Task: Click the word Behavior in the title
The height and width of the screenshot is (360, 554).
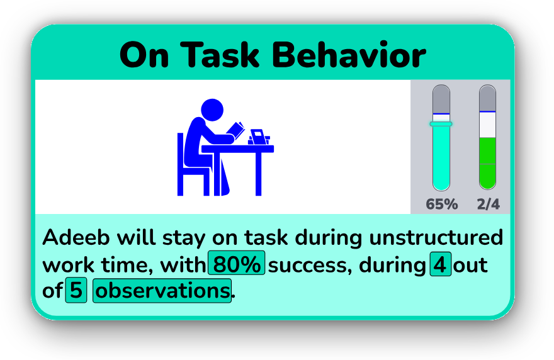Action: point(349,55)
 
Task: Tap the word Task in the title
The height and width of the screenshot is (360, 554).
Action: point(220,55)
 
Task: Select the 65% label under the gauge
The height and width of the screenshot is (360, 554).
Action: point(442,204)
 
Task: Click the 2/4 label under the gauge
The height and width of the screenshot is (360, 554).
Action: point(489,204)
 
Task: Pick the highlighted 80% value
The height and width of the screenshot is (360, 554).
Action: point(236,263)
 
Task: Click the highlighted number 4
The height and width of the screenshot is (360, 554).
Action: point(440,264)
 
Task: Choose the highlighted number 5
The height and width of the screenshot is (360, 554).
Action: point(76,290)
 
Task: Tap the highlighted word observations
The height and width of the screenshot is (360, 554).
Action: point(162,290)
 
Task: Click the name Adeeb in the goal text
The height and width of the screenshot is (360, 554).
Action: point(76,237)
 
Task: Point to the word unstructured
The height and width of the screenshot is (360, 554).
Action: point(436,237)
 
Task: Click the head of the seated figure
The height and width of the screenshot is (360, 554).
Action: point(212,110)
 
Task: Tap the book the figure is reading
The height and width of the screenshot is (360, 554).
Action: point(235,130)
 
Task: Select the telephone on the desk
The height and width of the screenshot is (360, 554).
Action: point(259,137)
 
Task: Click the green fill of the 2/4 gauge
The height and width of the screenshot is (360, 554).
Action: point(487,162)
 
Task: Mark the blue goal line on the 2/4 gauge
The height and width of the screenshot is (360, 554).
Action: point(487,111)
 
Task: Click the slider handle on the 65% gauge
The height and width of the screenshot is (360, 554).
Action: point(441,124)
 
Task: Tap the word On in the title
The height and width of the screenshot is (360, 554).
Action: point(144,55)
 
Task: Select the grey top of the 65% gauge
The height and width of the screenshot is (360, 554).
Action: point(441,99)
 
